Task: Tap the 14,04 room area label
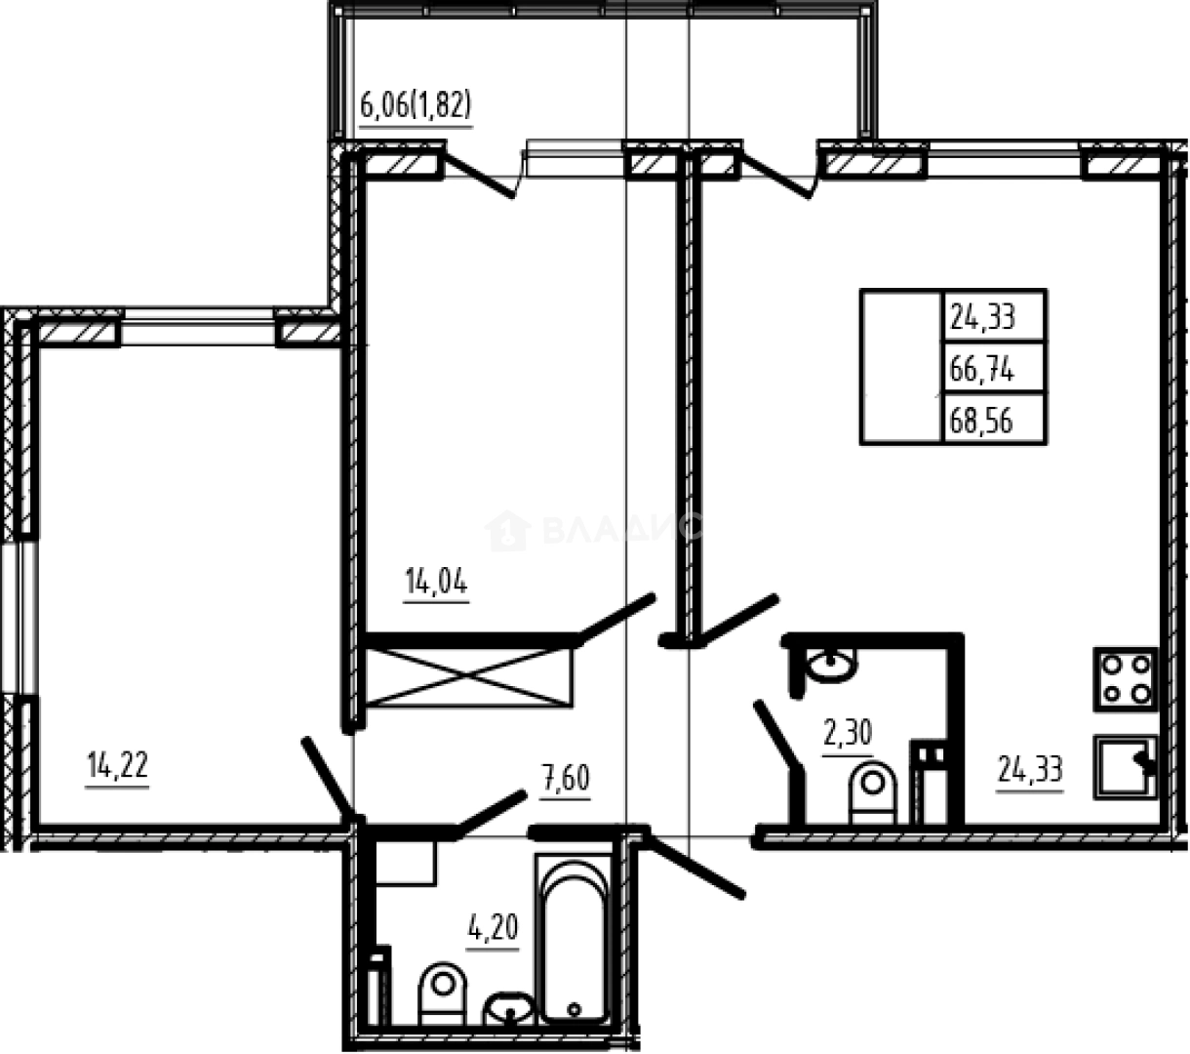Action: [x=436, y=584]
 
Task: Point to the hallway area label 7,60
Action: [x=566, y=781]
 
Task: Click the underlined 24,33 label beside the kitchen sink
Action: [x=1029, y=771]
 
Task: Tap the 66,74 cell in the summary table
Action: [x=982, y=369]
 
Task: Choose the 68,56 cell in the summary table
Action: [x=982, y=422]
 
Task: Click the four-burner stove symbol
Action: [x=1126, y=679]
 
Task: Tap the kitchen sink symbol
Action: [x=1125, y=768]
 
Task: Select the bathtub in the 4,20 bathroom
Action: [x=574, y=938]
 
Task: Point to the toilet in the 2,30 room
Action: [x=873, y=792]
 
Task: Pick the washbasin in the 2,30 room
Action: [x=829, y=665]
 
